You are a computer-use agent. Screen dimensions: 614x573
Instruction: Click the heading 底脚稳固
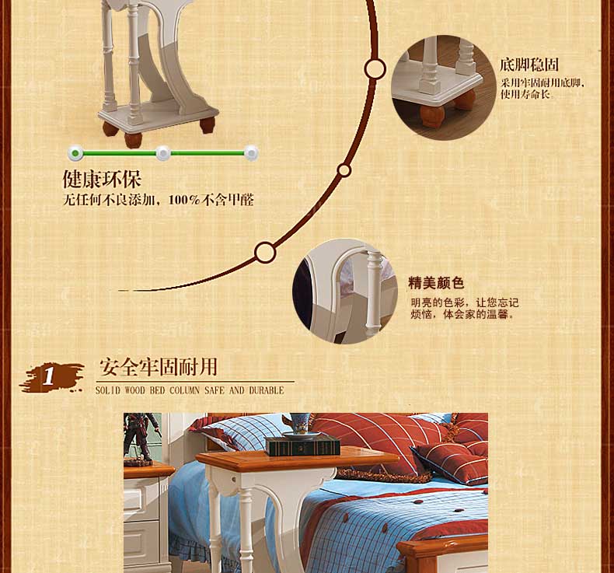(529, 65)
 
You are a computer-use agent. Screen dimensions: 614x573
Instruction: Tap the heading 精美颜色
(436, 282)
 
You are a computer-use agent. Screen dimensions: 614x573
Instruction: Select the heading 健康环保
(102, 179)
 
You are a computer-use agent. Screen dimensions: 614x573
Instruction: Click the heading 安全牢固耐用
(159, 367)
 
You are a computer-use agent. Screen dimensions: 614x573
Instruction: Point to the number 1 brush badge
(51, 377)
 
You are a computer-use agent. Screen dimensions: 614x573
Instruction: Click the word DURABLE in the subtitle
(267, 390)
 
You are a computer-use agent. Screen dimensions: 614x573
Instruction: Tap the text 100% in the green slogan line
(184, 200)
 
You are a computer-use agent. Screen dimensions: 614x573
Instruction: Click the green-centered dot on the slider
(75, 153)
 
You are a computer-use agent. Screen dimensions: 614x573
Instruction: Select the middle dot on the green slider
(163, 153)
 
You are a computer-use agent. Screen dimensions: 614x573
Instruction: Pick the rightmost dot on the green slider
(251, 153)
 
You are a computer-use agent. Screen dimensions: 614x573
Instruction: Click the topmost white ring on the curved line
(375, 69)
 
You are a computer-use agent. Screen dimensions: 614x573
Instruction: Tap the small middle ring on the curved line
(344, 170)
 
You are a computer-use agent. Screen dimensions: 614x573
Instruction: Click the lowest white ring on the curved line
(265, 253)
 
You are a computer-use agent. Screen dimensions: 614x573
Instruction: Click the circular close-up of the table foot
(443, 87)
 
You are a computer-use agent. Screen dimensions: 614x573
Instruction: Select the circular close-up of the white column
(345, 292)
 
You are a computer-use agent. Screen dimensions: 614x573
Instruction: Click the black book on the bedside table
(302, 446)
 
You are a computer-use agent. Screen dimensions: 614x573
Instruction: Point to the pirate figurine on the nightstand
(142, 437)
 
